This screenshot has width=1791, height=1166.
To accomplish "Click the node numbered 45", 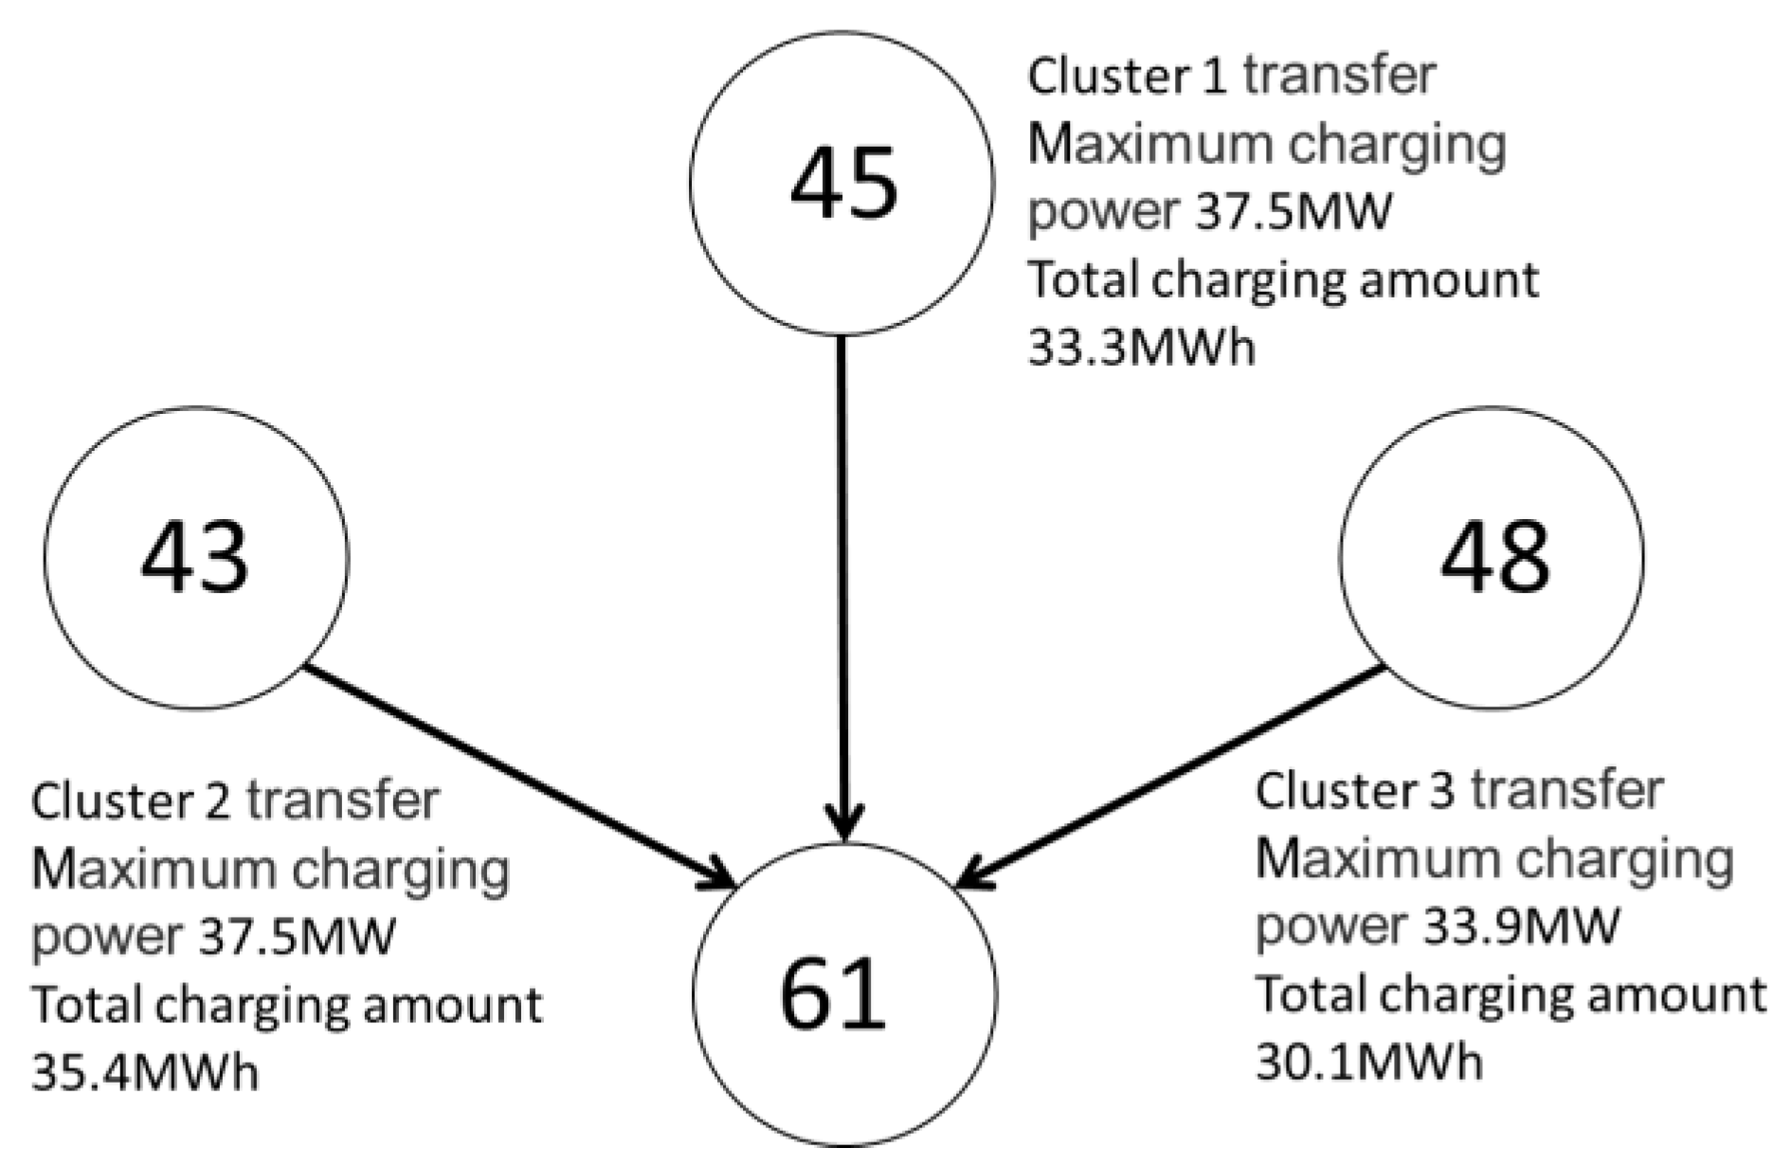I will pos(842,183).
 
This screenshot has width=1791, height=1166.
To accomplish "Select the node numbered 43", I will pos(196,557).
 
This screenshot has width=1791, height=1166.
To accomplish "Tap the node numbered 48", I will pos(1492,557).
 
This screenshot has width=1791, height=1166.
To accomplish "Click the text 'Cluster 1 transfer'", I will pos(1231,76).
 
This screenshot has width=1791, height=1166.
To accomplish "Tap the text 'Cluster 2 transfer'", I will pos(235,800).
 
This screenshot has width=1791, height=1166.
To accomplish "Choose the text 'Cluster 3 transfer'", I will pos(1458,791).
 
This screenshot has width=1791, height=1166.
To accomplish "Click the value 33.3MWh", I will pos(1141,349).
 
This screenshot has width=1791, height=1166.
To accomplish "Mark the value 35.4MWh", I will pos(144,1073).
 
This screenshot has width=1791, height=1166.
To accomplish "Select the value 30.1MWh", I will pos(1368,1062).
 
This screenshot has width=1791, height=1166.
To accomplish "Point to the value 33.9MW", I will pos(1520,925).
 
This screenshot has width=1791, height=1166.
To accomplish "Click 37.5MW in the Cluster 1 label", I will pos(1293,211).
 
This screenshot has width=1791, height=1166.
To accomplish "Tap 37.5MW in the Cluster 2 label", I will pos(296,937).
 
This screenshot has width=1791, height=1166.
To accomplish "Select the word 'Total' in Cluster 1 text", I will pos(1083,280).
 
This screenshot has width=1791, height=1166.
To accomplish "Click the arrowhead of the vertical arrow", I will pos(842,820).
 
